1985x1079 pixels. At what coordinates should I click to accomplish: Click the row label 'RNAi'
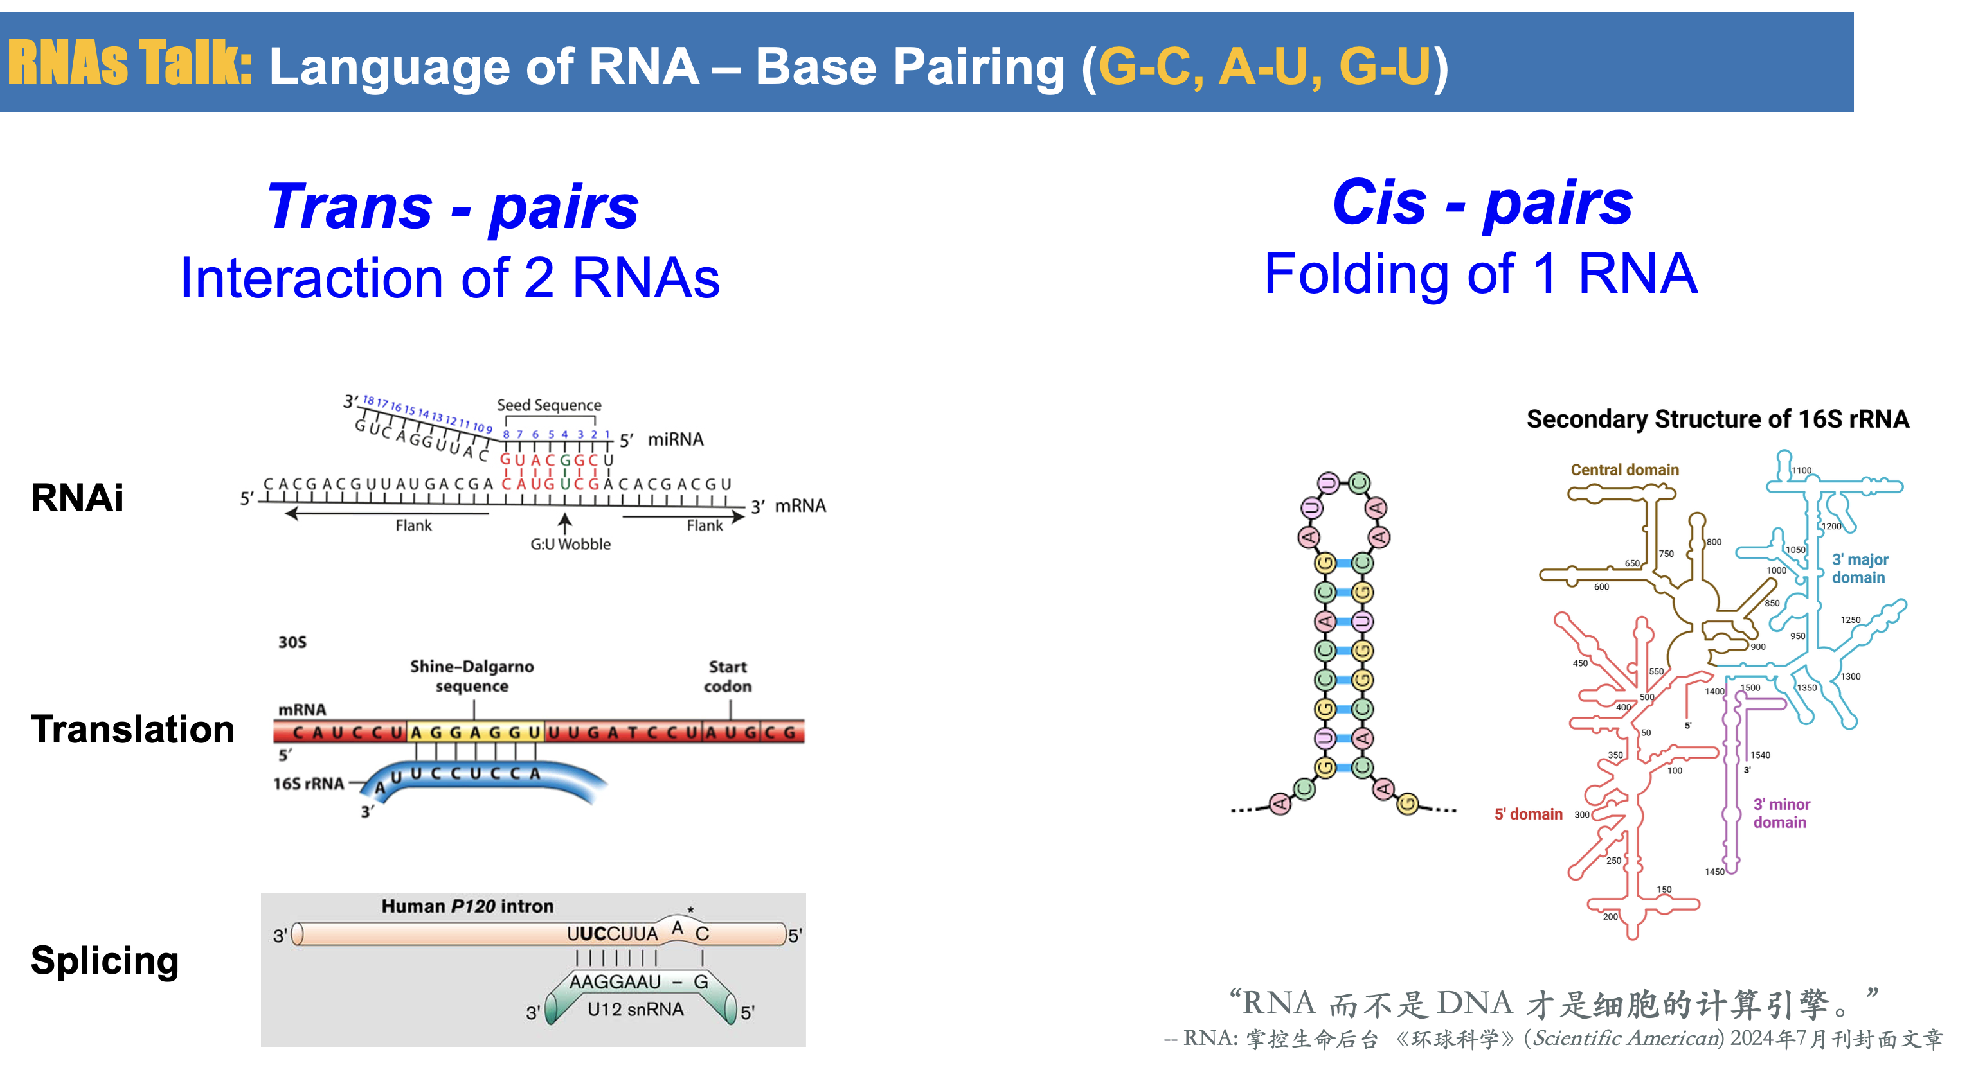[x=77, y=496]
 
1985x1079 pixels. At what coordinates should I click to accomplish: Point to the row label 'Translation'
[x=132, y=728]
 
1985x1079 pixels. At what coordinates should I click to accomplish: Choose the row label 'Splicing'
[x=105, y=960]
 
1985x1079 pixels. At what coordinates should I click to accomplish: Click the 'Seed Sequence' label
[x=549, y=405]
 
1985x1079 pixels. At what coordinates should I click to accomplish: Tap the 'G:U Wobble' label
[x=570, y=544]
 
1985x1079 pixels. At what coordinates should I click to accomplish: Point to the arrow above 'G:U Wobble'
[x=565, y=523]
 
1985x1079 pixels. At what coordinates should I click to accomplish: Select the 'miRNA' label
[x=675, y=439]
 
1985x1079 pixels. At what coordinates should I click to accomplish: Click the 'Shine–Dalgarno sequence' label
[x=472, y=676]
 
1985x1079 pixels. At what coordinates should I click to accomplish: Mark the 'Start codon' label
[x=728, y=676]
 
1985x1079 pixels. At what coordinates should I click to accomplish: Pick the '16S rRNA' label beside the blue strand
[x=309, y=784]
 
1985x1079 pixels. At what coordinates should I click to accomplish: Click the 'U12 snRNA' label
[x=635, y=1009]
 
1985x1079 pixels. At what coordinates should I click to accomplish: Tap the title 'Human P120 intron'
[x=467, y=906]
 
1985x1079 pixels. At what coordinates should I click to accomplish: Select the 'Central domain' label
[x=1624, y=469]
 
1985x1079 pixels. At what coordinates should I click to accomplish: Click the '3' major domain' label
[x=1860, y=568]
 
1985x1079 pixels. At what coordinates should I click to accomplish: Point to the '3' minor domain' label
[x=1781, y=812]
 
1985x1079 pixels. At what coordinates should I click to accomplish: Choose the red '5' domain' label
[x=1528, y=814]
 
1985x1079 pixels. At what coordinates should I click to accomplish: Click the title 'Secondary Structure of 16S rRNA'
[x=1717, y=419]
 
